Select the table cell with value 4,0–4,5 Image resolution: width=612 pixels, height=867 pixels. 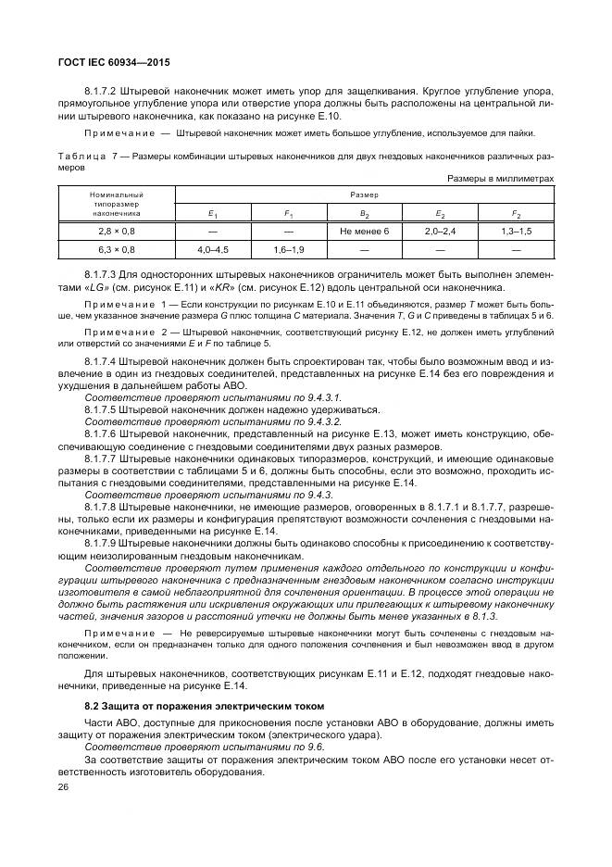tap(213, 249)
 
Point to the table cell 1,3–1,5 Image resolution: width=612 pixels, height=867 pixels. tap(516, 230)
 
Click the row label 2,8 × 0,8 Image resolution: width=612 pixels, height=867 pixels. tap(117, 230)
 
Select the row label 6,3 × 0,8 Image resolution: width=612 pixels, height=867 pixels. tap(117, 249)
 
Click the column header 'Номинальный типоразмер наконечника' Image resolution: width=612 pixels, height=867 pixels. tap(117, 204)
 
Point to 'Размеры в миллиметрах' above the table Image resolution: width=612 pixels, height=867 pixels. tap(500, 178)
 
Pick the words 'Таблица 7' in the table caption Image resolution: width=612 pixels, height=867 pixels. tap(85, 157)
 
